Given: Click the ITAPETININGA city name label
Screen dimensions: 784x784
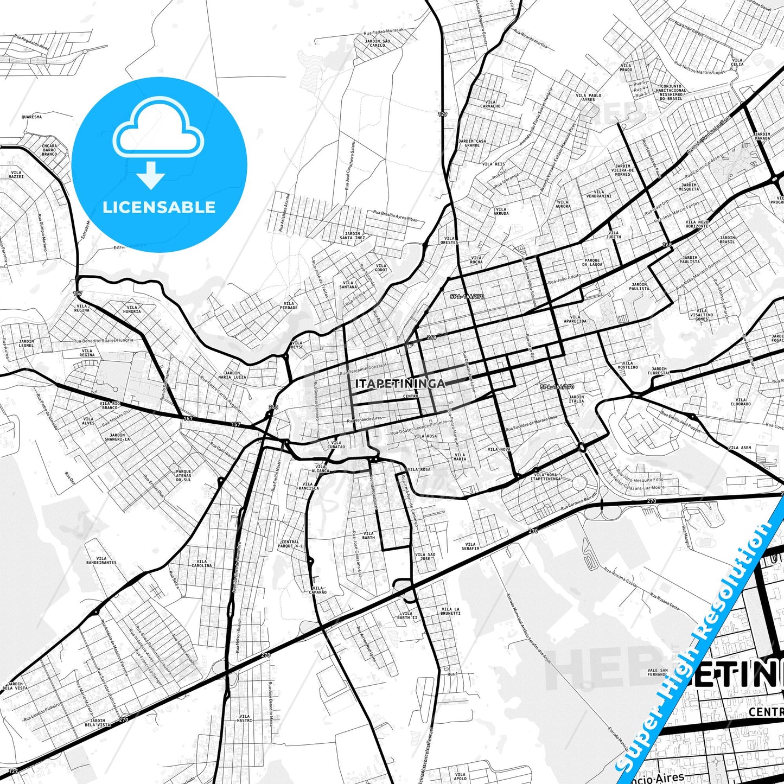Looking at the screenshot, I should (x=400, y=384).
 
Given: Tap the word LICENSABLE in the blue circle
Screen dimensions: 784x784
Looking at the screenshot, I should (x=159, y=207).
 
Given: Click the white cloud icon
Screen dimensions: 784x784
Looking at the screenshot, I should (x=158, y=126).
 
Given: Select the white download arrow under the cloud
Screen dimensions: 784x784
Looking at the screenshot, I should (x=151, y=175).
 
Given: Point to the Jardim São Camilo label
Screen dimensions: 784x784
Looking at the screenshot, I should (x=377, y=43).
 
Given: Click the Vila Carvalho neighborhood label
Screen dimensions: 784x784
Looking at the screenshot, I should (x=490, y=104).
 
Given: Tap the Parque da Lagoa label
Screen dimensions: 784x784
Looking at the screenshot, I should (x=592, y=262).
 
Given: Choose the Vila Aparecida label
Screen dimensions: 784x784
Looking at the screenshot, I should (x=575, y=319).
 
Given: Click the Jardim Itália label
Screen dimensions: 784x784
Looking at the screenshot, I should (x=576, y=399).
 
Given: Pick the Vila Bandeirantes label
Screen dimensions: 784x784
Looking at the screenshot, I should (x=101, y=560).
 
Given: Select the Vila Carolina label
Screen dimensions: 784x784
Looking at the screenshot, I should (x=201, y=564).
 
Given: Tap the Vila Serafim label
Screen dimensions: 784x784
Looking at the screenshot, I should (x=470, y=546).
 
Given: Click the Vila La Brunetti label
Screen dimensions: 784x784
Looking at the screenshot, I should (x=450, y=611).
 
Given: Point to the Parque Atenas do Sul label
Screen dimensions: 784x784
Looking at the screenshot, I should (x=183, y=476).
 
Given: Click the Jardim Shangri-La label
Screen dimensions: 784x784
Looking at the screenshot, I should (x=117, y=437).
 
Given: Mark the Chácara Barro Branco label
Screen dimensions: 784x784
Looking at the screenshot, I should (x=49, y=150).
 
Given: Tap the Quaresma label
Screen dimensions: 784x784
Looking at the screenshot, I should (x=31, y=117).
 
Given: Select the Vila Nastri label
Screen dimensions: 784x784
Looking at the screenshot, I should (x=244, y=718).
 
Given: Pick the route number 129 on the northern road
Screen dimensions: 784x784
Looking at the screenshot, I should (x=443, y=114).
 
